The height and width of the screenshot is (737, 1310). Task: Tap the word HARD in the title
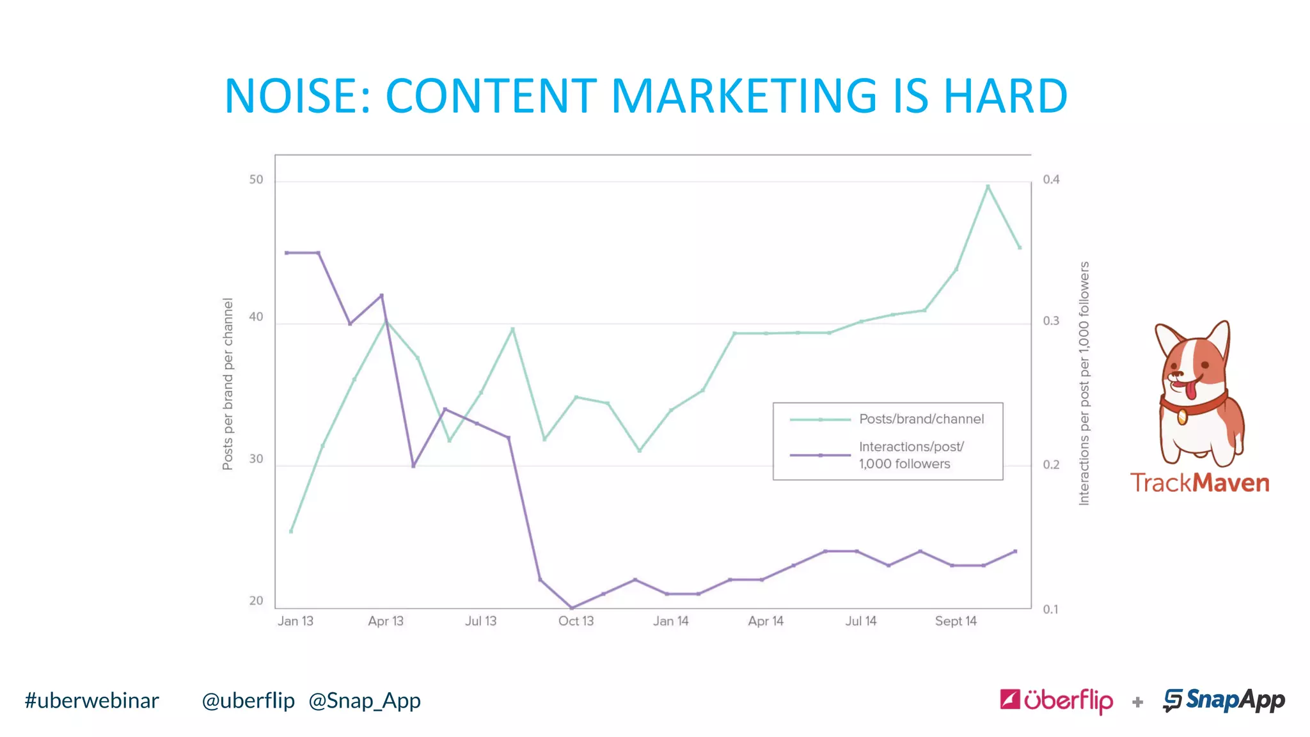click(x=1005, y=96)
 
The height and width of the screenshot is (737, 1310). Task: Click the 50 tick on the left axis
click(x=256, y=180)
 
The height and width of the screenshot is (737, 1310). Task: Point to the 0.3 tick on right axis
click(x=1051, y=321)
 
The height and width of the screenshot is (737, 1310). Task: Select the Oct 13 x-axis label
click(x=576, y=621)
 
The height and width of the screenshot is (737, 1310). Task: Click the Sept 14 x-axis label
click(x=956, y=621)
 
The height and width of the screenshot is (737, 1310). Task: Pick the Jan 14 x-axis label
click(x=670, y=621)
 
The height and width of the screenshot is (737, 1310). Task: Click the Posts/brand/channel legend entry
click(x=920, y=419)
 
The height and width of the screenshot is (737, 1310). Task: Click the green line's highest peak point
click(x=988, y=186)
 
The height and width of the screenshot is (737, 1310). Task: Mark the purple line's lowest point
click(x=572, y=607)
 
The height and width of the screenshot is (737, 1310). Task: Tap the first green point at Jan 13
click(x=291, y=531)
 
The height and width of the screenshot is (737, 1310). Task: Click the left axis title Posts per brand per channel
click(x=228, y=384)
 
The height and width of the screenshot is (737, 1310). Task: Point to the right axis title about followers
click(x=1084, y=384)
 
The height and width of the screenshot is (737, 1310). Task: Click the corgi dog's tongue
click(x=1190, y=389)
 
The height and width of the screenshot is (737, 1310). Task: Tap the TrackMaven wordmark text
click(x=1199, y=483)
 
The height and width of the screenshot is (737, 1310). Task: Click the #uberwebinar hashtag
click(x=91, y=701)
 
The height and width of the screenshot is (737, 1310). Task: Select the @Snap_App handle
click(x=365, y=701)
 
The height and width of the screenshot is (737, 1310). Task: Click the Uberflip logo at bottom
click(x=1056, y=701)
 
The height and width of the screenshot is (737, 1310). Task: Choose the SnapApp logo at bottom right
click(x=1224, y=701)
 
